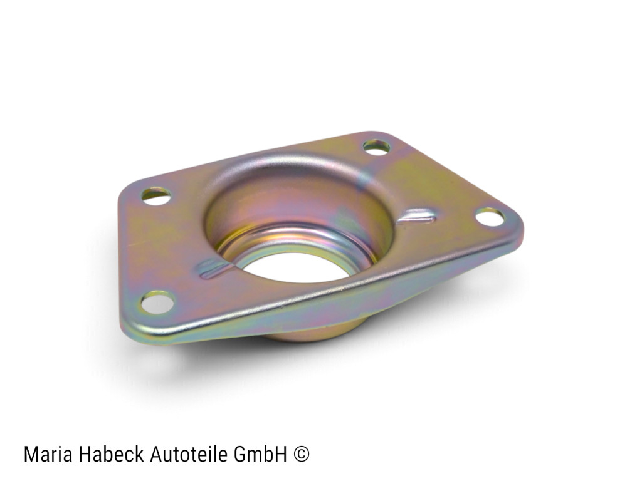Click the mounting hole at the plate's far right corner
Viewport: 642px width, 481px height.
[x=490, y=217]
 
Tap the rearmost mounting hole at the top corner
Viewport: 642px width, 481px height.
[x=376, y=147]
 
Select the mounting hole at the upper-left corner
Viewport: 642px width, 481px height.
[x=155, y=196]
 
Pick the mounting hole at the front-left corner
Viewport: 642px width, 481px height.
[x=157, y=303]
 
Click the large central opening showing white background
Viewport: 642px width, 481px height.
[x=295, y=267]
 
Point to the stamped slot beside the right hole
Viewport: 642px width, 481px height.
[x=416, y=217]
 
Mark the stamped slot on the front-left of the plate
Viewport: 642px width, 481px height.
[x=215, y=269]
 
